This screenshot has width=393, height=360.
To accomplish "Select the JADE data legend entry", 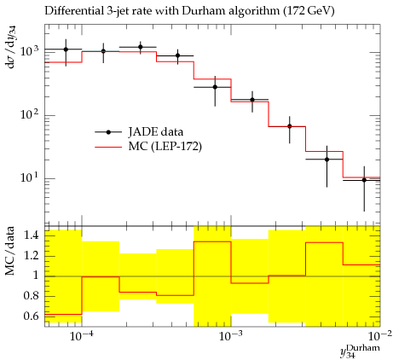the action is (x=139, y=132).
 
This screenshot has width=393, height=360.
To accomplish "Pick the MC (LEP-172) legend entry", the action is (x=148, y=147).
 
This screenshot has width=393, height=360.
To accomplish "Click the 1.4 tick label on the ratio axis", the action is (x=31, y=235).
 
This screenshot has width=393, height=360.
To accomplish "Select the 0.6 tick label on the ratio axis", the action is (x=31, y=316).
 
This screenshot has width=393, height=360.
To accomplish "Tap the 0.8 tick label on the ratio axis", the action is (x=31, y=296).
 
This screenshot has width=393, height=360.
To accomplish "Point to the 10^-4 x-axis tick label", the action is (x=82, y=336).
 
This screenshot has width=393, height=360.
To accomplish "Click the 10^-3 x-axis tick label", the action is (x=231, y=336).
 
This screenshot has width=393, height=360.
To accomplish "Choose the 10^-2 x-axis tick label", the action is (x=380, y=336).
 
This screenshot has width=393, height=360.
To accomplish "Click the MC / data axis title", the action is (x=10, y=251).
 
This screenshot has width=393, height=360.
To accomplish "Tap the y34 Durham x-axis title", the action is (x=360, y=351).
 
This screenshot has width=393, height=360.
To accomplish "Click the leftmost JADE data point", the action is (x=66, y=49).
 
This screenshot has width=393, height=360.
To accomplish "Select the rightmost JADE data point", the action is (x=364, y=180).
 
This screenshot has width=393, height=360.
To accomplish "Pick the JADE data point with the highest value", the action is (x=141, y=47).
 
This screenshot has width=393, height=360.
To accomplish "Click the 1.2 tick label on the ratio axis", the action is (x=31, y=255).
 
